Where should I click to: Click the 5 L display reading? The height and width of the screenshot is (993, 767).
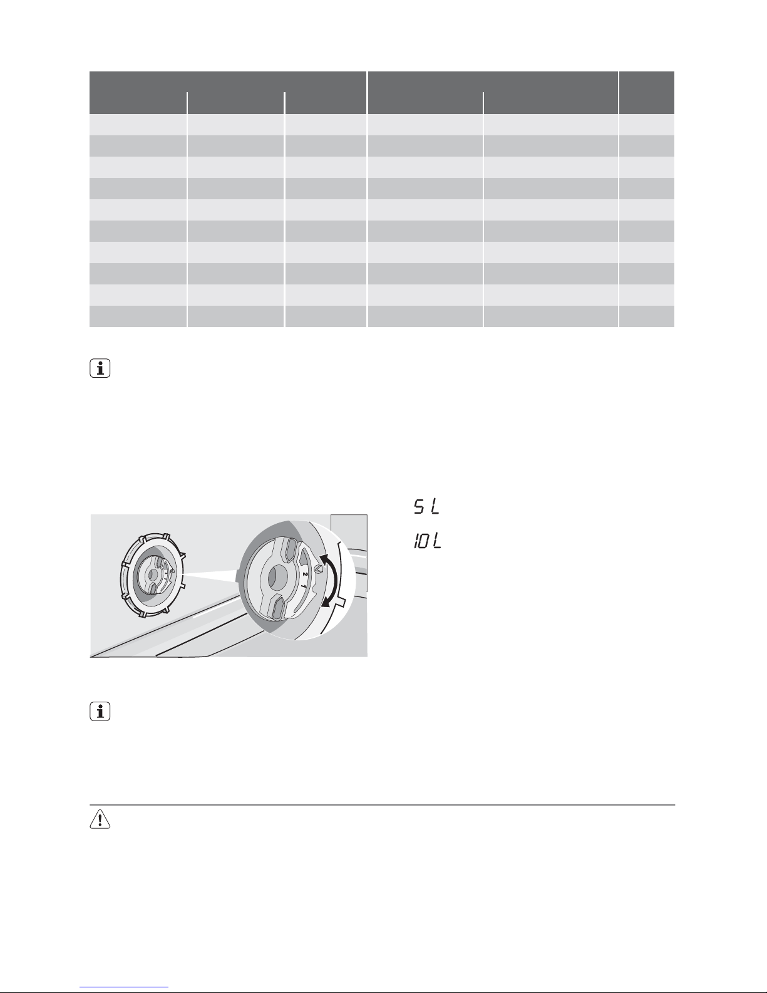426,507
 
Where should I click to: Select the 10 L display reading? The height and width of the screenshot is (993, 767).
428,541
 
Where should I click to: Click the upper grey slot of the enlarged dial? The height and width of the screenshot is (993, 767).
289,549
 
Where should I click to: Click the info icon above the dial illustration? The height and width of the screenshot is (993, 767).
100,368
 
